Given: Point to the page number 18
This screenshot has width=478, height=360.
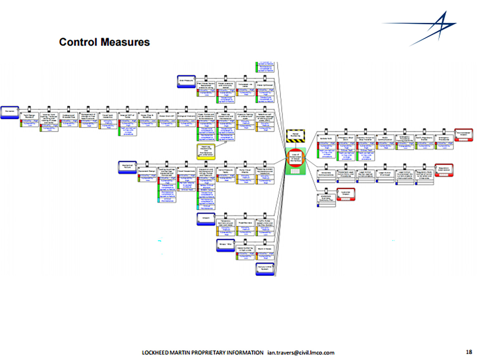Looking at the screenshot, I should [469, 352].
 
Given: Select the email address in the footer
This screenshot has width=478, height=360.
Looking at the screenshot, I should [301, 353].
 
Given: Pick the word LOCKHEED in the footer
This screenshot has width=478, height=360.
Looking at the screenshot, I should [155, 353].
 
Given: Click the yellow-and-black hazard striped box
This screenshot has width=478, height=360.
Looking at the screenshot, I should [295, 136].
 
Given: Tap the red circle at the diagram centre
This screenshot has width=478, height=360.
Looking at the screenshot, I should [295, 158].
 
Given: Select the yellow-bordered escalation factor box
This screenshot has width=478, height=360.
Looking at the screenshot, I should [206, 151].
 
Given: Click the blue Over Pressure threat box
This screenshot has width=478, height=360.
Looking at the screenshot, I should [186, 81].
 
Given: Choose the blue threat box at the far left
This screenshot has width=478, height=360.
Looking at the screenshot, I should [10, 112].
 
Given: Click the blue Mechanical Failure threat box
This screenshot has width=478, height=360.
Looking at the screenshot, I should [127, 167].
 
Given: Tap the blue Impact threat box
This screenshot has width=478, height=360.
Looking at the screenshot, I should [206, 219].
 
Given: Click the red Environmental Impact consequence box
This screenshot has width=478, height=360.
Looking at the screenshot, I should [463, 134].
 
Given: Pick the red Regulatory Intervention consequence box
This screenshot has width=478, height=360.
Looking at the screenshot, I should [444, 170].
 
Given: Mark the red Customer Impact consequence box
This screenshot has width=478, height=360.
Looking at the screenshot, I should [346, 194].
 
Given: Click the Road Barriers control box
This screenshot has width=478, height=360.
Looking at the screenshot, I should [245, 223].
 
